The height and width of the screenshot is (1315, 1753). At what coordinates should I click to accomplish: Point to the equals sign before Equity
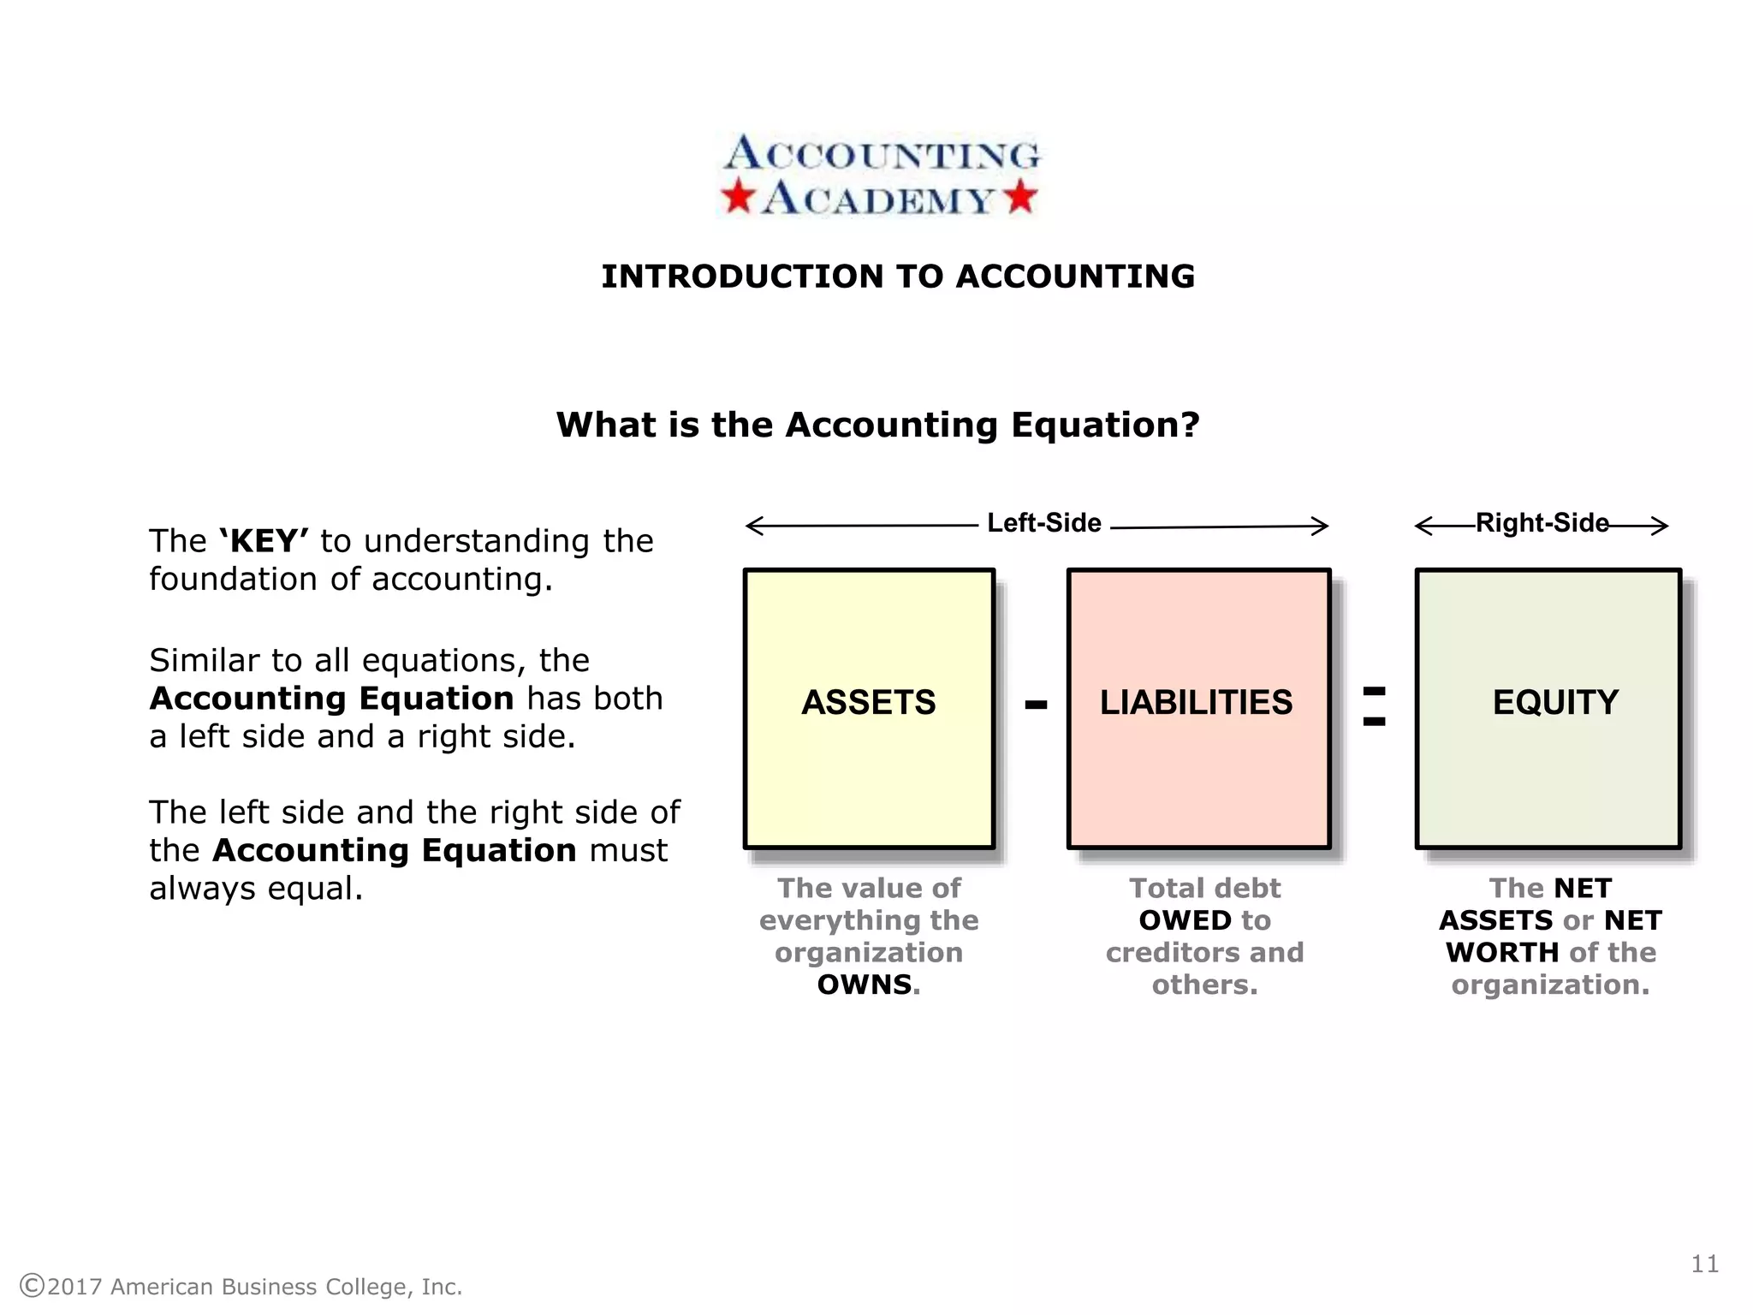pos(1374,706)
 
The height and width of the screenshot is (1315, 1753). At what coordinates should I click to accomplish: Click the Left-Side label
pos(1044,523)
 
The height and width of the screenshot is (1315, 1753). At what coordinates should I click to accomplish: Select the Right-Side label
pos(1542,523)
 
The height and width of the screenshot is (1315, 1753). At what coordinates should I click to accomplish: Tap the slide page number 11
pos(1705,1264)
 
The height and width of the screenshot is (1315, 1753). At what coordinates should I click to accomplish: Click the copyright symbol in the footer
pos(32,1286)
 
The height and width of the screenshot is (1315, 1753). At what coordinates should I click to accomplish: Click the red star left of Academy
pos(737,197)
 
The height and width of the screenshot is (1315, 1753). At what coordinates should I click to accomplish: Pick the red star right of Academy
pos(1021,197)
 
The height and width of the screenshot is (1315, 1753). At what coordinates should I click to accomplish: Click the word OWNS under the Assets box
pos(865,985)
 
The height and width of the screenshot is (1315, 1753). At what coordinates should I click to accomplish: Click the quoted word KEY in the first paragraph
pos(264,541)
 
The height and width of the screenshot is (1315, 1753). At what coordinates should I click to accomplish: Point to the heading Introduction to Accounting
pos(898,277)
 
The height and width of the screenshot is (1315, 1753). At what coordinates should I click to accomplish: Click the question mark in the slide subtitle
pos(1190,425)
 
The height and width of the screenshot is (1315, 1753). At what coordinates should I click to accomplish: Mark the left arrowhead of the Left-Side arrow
pos(751,526)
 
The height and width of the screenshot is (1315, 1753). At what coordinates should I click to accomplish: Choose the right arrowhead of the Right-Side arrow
pos(1663,526)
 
